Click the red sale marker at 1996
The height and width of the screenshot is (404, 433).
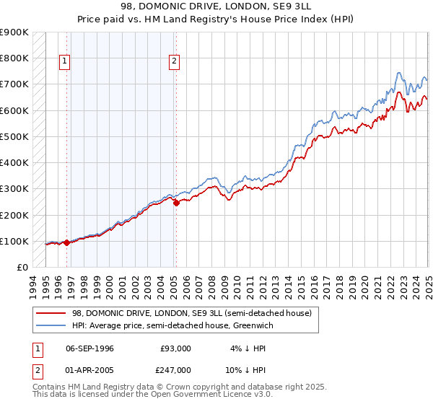coord(66,242)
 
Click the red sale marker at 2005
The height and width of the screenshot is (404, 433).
coord(176,203)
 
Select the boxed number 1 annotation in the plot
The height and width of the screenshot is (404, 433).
coord(65,62)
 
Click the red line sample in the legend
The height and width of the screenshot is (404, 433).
coord(51,313)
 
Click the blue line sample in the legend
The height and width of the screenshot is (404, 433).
coord(51,325)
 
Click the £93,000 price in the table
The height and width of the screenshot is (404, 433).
coord(175,348)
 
